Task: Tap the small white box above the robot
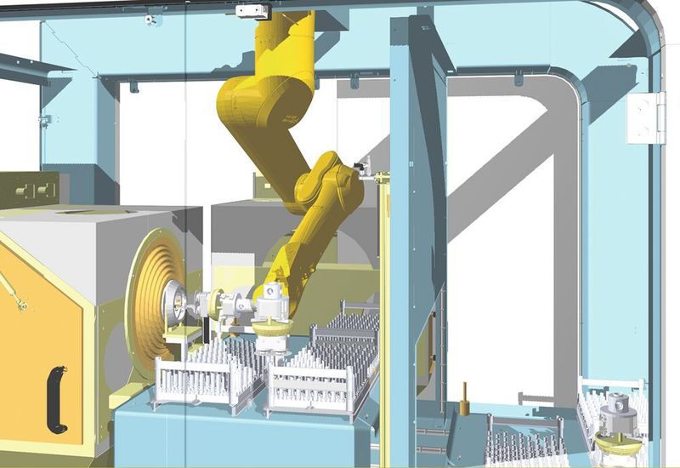coord(252,11)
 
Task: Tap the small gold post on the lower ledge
coord(465,398)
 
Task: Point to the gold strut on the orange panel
coord(12,290)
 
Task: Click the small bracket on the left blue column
coord(44,120)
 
